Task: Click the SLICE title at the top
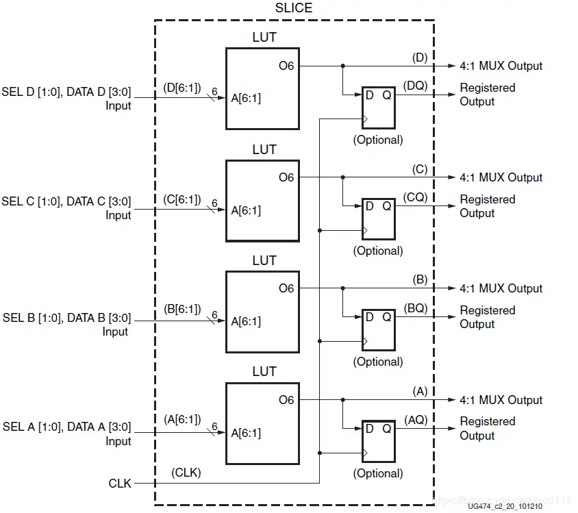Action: [x=293, y=8]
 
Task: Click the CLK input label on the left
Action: [x=120, y=484]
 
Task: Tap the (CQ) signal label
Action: [x=416, y=197]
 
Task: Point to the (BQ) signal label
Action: [x=416, y=308]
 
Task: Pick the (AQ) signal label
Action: [x=416, y=419]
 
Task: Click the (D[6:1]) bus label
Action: [x=182, y=88]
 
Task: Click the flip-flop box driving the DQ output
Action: [x=378, y=108]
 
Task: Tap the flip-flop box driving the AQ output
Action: [x=378, y=441]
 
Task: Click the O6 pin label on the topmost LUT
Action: [x=286, y=66]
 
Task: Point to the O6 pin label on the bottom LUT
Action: [x=286, y=400]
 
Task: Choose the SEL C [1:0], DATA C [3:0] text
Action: [x=66, y=201]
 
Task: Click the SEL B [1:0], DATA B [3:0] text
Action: [x=66, y=318]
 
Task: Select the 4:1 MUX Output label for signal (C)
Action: [x=501, y=177]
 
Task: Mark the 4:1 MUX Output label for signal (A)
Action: [x=501, y=400]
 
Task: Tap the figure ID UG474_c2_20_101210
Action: [x=506, y=507]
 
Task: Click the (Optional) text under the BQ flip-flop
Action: [x=378, y=362]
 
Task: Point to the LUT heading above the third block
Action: [x=264, y=260]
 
